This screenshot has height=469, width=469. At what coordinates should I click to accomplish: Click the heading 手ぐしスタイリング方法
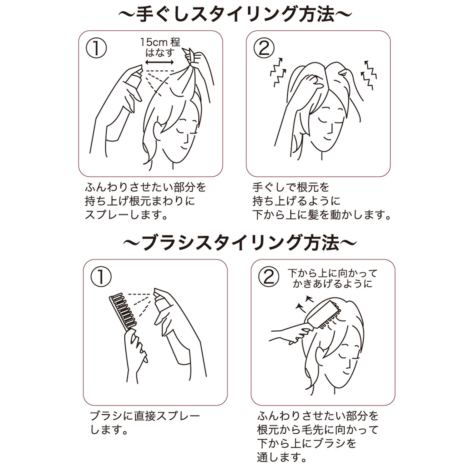click(234, 14)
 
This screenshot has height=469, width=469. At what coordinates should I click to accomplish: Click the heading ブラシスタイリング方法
click(239, 243)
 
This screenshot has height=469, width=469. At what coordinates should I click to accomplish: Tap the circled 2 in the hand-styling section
click(264, 49)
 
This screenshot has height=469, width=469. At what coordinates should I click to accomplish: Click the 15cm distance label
click(160, 42)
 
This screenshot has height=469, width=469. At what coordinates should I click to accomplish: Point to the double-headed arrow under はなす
click(159, 62)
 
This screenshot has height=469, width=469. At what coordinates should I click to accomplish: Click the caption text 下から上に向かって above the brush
click(333, 273)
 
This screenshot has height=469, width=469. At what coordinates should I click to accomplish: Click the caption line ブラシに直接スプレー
click(145, 416)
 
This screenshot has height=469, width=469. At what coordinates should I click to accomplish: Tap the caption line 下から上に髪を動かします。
click(322, 215)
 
